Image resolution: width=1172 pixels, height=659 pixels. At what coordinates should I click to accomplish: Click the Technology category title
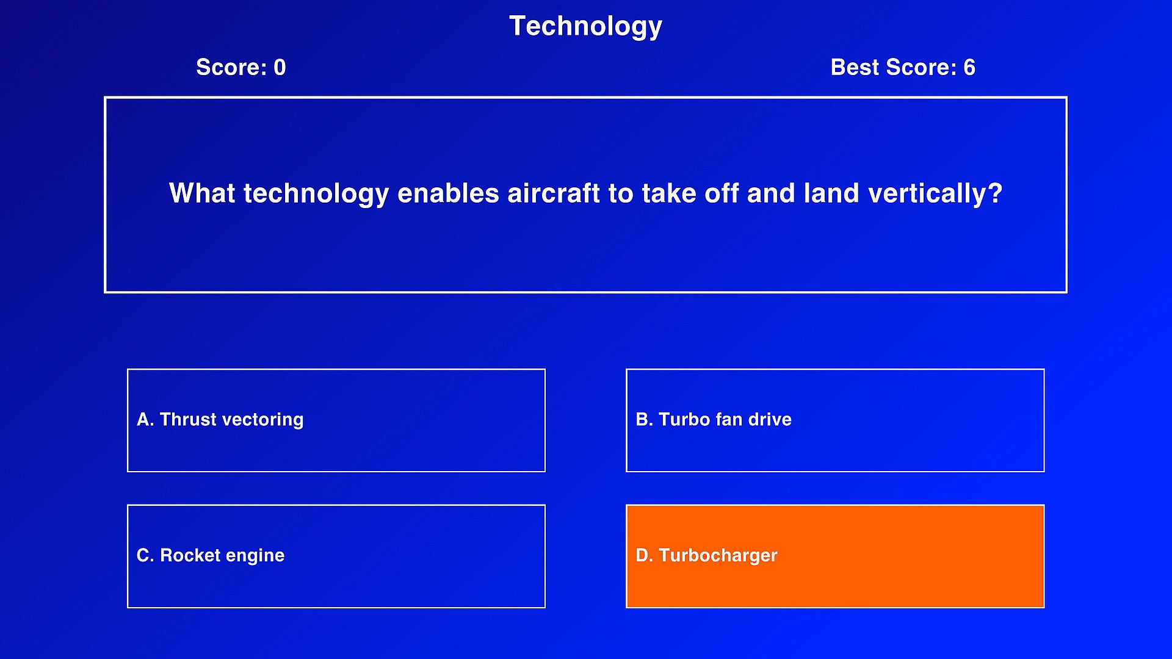coord(585,27)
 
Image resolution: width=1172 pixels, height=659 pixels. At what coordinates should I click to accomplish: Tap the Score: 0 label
coord(241,67)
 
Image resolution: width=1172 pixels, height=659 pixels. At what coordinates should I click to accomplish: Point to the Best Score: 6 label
coord(903,67)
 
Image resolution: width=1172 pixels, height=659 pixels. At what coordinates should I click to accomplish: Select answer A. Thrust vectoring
coord(336,420)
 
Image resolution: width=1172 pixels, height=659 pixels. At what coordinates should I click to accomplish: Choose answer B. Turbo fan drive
coord(835,420)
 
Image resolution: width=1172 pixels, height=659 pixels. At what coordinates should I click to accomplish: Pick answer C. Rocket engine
coord(336,556)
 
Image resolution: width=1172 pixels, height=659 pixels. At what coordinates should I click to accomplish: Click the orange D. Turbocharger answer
coord(835,556)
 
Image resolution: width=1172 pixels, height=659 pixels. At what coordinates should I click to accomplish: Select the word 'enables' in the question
coord(449,193)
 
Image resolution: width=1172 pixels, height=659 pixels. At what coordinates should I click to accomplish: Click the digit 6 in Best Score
coord(969,67)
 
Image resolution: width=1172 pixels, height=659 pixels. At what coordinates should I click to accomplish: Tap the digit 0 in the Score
coord(280,67)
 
